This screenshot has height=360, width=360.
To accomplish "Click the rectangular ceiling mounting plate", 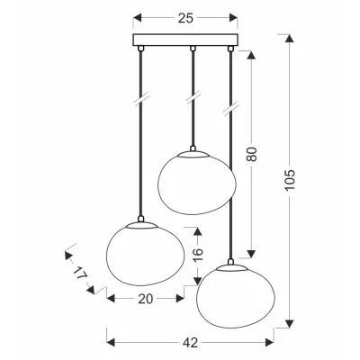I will (x=186, y=41).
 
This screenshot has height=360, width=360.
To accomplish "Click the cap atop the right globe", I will (x=233, y=264).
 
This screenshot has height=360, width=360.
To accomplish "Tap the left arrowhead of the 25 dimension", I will (x=137, y=17).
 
